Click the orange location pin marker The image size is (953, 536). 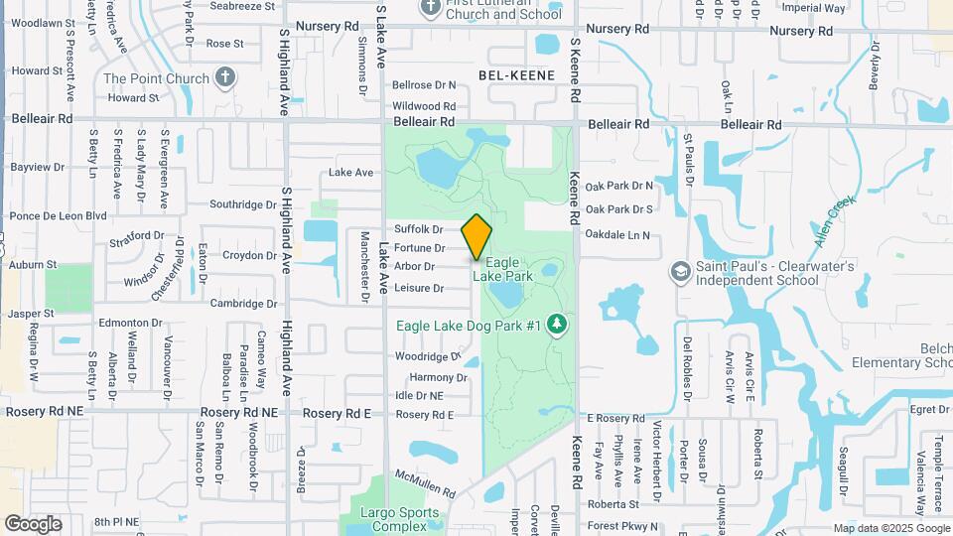(x=476, y=236)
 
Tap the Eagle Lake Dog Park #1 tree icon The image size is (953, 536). (x=558, y=325)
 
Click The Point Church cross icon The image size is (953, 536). (x=225, y=77)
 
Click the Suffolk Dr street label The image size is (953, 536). (x=418, y=229)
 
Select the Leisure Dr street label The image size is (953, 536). (x=419, y=288)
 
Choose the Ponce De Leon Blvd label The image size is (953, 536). (x=58, y=215)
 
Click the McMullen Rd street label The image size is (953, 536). (x=424, y=484)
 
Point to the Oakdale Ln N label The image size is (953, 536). (x=616, y=235)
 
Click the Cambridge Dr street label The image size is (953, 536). (x=242, y=304)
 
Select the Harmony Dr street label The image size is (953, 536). (x=438, y=377)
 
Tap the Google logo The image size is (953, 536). (x=32, y=523)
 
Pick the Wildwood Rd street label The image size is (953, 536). (x=424, y=105)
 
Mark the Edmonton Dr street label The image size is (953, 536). (x=130, y=323)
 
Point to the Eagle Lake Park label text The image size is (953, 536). (x=509, y=268)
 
